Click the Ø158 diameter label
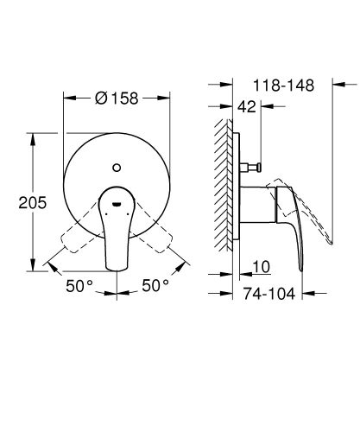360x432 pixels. click(x=118, y=98)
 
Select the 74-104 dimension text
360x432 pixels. click(x=266, y=294)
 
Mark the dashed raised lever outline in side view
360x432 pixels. click(x=315, y=216)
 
